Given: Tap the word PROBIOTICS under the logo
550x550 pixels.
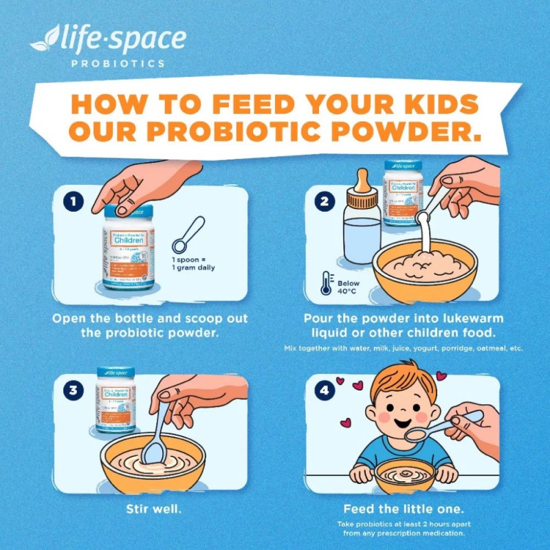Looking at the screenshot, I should (118, 64).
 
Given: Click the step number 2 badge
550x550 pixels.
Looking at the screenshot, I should (323, 203).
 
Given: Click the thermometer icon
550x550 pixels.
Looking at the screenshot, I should (325, 283).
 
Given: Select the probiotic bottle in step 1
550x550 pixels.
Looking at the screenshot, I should (126, 247).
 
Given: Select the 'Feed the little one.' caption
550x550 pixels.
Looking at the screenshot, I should (404, 509).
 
